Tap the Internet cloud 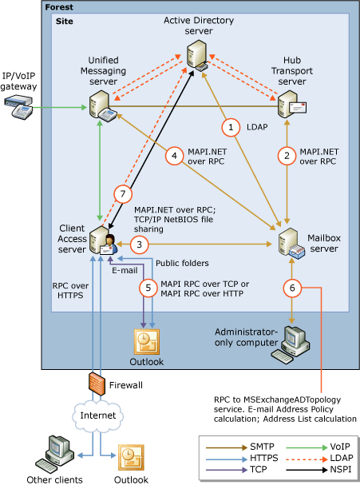coord(97,416)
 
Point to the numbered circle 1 coord(231,126)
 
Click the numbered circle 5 coord(147,288)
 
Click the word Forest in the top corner coord(59,6)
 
